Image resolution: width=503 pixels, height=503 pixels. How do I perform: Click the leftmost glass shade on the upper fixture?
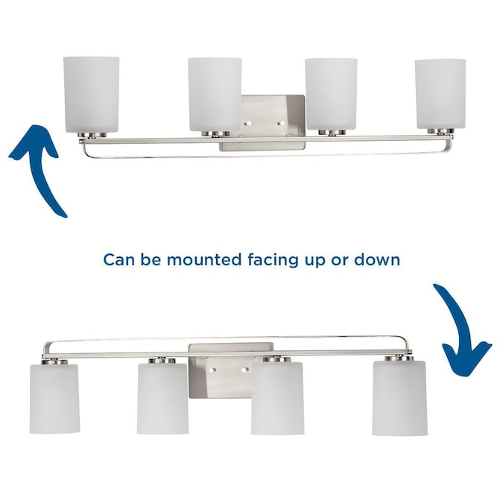pyautogui.click(x=92, y=95)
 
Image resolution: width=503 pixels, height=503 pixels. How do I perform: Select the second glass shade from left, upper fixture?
pyautogui.click(x=215, y=95)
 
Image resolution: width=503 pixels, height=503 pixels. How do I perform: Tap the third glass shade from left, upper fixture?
pyautogui.click(x=331, y=95)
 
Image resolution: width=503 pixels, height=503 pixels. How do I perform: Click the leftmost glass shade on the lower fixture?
pyautogui.click(x=54, y=399)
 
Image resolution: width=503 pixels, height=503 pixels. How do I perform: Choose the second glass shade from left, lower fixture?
pyautogui.click(x=162, y=399)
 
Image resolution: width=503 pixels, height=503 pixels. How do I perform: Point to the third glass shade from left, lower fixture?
pyautogui.click(x=277, y=399)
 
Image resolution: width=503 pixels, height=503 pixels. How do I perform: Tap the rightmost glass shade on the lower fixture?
pyautogui.click(x=399, y=398)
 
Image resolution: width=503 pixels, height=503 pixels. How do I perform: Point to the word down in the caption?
pyautogui.click(x=377, y=259)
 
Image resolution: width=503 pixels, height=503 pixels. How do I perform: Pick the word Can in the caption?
pyautogui.click(x=118, y=260)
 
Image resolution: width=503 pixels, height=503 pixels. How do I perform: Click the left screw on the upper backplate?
pyautogui.click(x=247, y=123)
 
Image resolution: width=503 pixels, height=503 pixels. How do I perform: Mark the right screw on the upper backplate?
pyautogui.click(x=281, y=123)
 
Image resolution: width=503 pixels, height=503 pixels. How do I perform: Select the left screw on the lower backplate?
pyautogui.click(x=211, y=370)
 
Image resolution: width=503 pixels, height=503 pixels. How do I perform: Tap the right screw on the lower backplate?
pyautogui.click(x=244, y=370)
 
